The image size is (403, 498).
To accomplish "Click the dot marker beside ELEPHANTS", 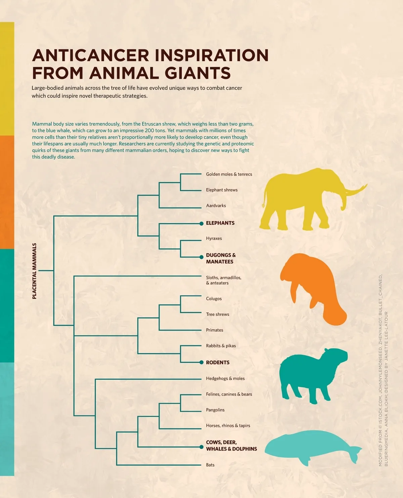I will point(201,223).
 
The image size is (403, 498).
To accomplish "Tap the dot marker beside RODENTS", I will point(201,362).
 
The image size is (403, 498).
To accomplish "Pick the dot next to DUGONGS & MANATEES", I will point(201,257).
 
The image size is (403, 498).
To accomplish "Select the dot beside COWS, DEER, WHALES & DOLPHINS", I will point(201,447).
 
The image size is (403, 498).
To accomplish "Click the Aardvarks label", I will point(216,206).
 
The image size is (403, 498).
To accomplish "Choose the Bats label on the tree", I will point(210,465).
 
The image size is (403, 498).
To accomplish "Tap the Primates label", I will point(215,330).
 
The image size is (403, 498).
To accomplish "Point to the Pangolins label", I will point(215,410).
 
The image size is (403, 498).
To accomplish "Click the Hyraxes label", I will point(214,239).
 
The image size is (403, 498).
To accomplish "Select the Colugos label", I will point(214,299).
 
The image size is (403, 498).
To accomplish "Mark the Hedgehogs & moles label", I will point(225,378).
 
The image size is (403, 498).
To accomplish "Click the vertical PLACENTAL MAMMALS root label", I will point(34,271).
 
